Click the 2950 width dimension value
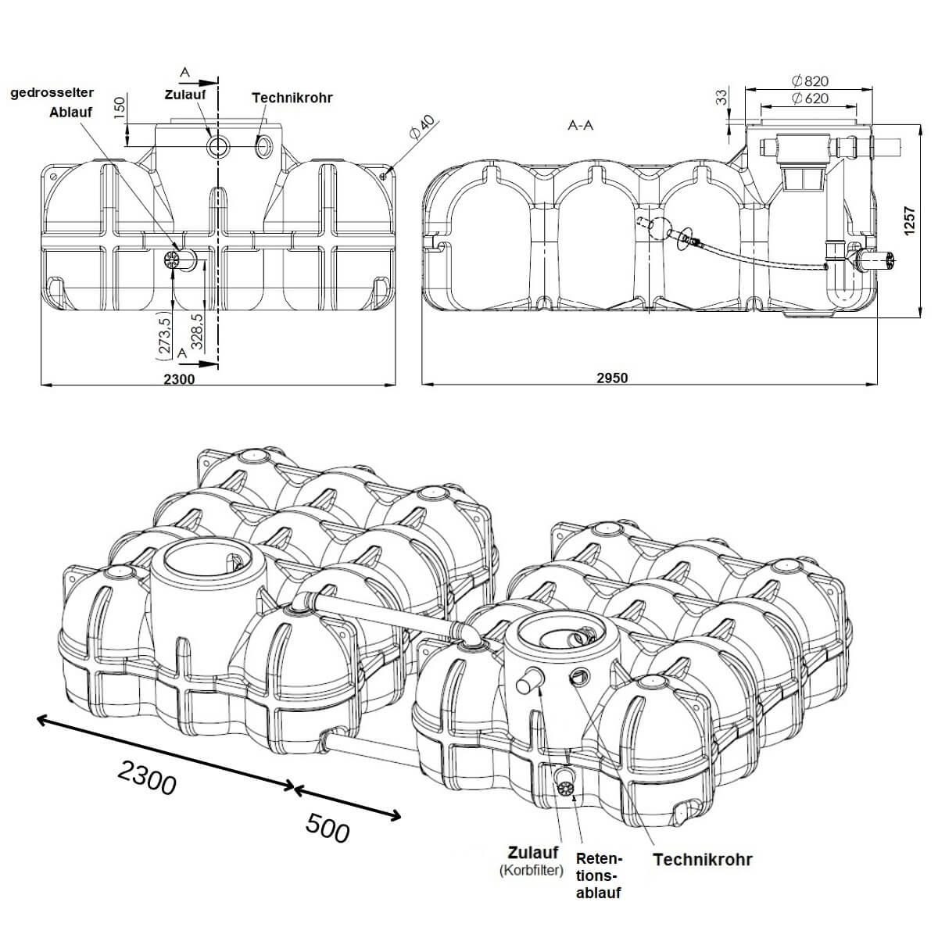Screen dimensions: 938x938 [612, 378]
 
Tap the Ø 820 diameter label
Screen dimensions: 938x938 [809, 81]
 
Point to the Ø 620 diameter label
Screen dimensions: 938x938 [809, 99]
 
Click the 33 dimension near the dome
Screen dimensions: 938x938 [721, 97]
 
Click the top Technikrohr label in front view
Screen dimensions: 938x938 [292, 98]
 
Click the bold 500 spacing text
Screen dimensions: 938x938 [327, 829]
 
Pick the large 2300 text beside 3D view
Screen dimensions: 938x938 [147, 778]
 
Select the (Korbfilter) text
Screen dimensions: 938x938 [532, 871]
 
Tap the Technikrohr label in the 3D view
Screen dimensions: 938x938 [702, 860]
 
